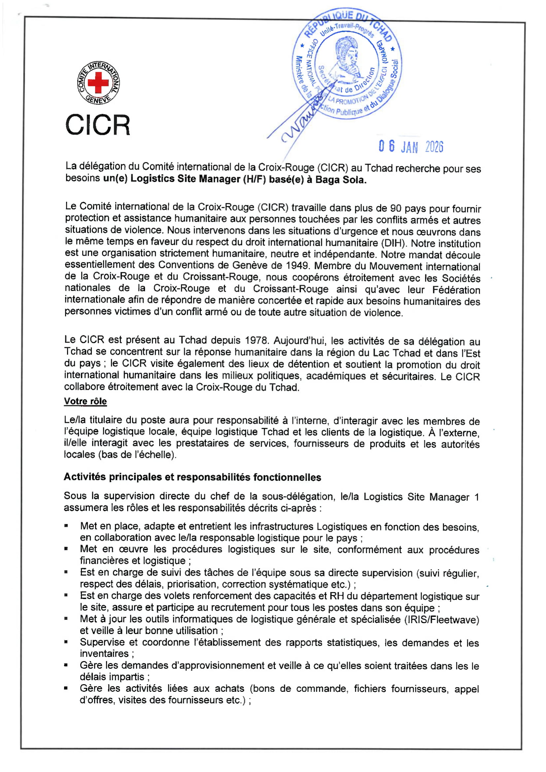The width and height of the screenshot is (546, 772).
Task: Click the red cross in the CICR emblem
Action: click(98, 83)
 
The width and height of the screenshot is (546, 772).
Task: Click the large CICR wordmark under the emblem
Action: click(97, 125)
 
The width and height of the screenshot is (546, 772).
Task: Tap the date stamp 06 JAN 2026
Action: click(411, 147)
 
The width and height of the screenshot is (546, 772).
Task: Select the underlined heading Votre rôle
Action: click(85, 401)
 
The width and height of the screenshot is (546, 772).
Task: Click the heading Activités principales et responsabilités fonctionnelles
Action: click(192, 477)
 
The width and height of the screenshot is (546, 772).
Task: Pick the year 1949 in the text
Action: click(297, 266)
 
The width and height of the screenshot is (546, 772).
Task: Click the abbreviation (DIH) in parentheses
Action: click(393, 243)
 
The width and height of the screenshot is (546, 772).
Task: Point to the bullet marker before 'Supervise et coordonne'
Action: click(66, 642)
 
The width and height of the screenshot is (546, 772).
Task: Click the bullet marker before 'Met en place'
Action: click(66, 525)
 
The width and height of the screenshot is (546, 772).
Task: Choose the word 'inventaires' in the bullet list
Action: click(104, 653)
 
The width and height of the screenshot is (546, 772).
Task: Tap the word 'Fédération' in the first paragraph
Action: click(456, 290)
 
